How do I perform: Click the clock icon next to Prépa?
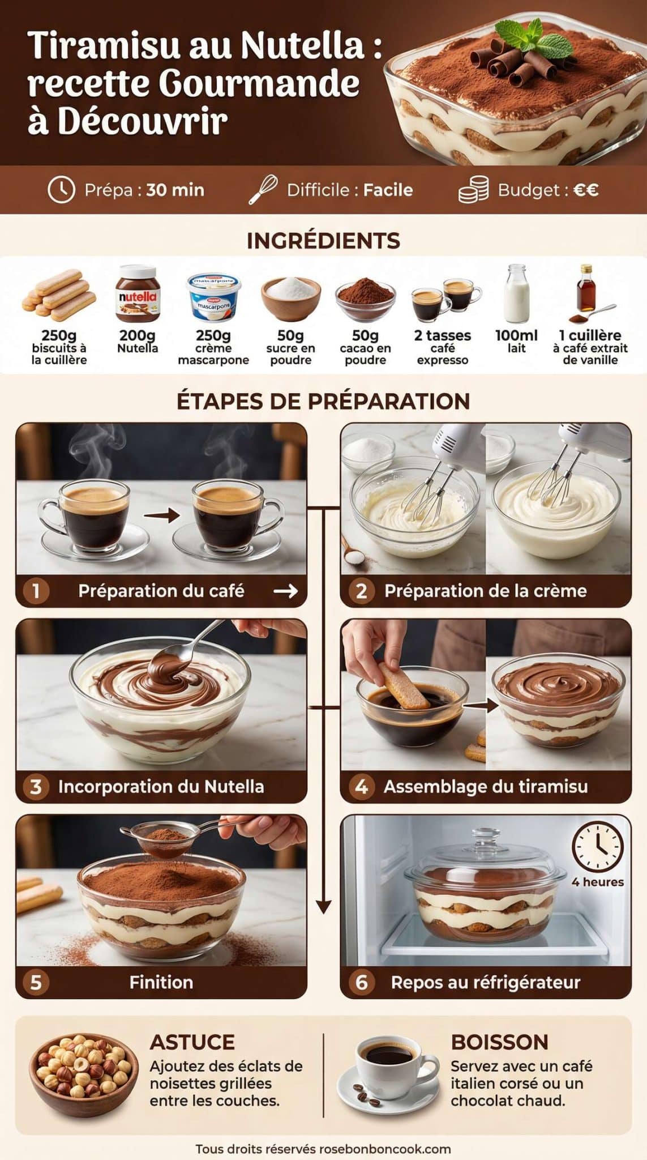[61, 190]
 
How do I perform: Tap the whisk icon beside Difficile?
[263, 189]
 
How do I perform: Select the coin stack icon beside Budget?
[473, 190]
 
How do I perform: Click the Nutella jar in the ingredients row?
[138, 295]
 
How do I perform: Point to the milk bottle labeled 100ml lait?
[516, 294]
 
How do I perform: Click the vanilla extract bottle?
[586, 289]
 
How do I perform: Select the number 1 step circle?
[36, 591]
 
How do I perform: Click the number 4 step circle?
[361, 787]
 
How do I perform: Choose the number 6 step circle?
[361, 982]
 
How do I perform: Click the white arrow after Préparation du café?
[285, 591]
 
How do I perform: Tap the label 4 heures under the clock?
[597, 882]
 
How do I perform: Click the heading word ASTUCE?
[192, 1043]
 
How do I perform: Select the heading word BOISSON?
[499, 1043]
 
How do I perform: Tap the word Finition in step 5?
[161, 982]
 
